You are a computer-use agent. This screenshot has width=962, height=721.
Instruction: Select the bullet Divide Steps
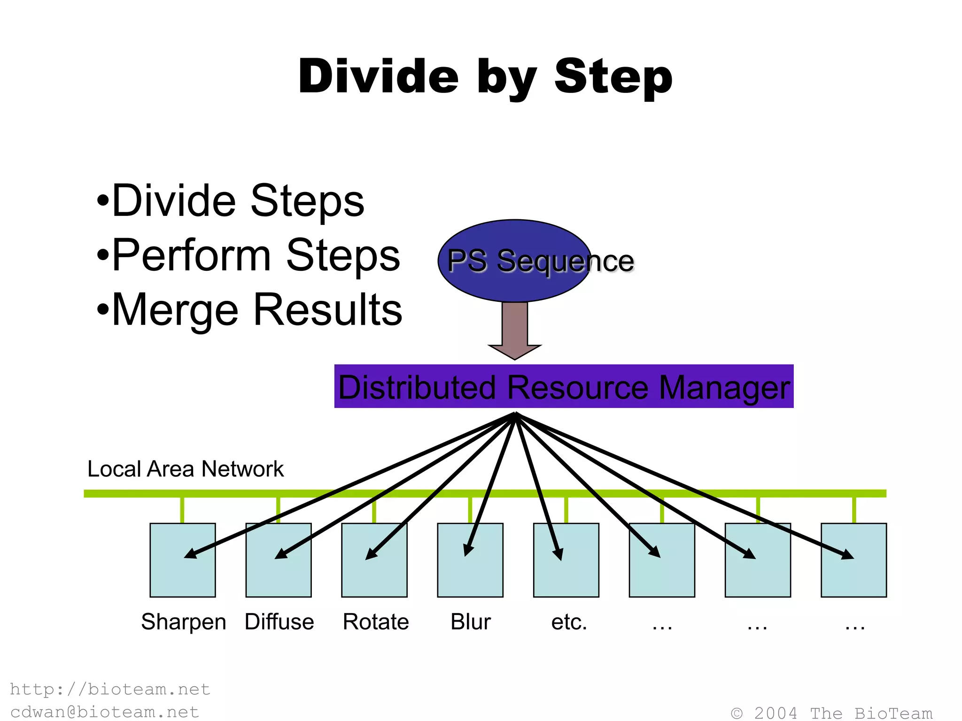tap(230, 201)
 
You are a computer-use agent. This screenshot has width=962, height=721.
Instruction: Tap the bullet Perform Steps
tap(248, 255)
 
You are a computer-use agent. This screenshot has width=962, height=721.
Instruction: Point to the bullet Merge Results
tap(249, 310)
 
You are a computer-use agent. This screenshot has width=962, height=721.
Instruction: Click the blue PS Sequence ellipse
tap(514, 261)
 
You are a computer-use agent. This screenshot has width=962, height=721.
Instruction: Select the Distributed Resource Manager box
tap(564, 386)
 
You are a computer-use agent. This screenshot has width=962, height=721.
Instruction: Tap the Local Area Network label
tap(186, 469)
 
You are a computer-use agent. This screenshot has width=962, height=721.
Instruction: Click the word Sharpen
tap(184, 622)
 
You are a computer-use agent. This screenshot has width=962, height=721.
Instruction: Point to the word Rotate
tap(376, 622)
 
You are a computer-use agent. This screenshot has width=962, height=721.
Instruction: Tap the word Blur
tap(471, 622)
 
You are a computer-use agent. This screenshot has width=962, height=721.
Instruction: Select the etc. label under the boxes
tap(569, 622)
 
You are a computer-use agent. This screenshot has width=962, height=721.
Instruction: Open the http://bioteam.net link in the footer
tap(110, 689)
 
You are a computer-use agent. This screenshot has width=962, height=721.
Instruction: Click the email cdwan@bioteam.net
tap(105, 712)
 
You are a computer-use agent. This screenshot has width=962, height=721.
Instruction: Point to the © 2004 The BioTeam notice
tap(831, 713)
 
